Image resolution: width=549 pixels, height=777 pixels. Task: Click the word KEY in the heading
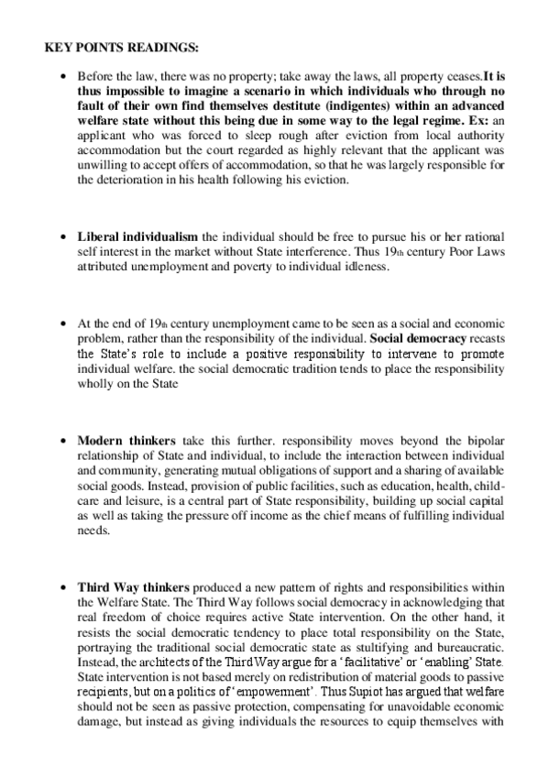(x=59, y=47)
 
